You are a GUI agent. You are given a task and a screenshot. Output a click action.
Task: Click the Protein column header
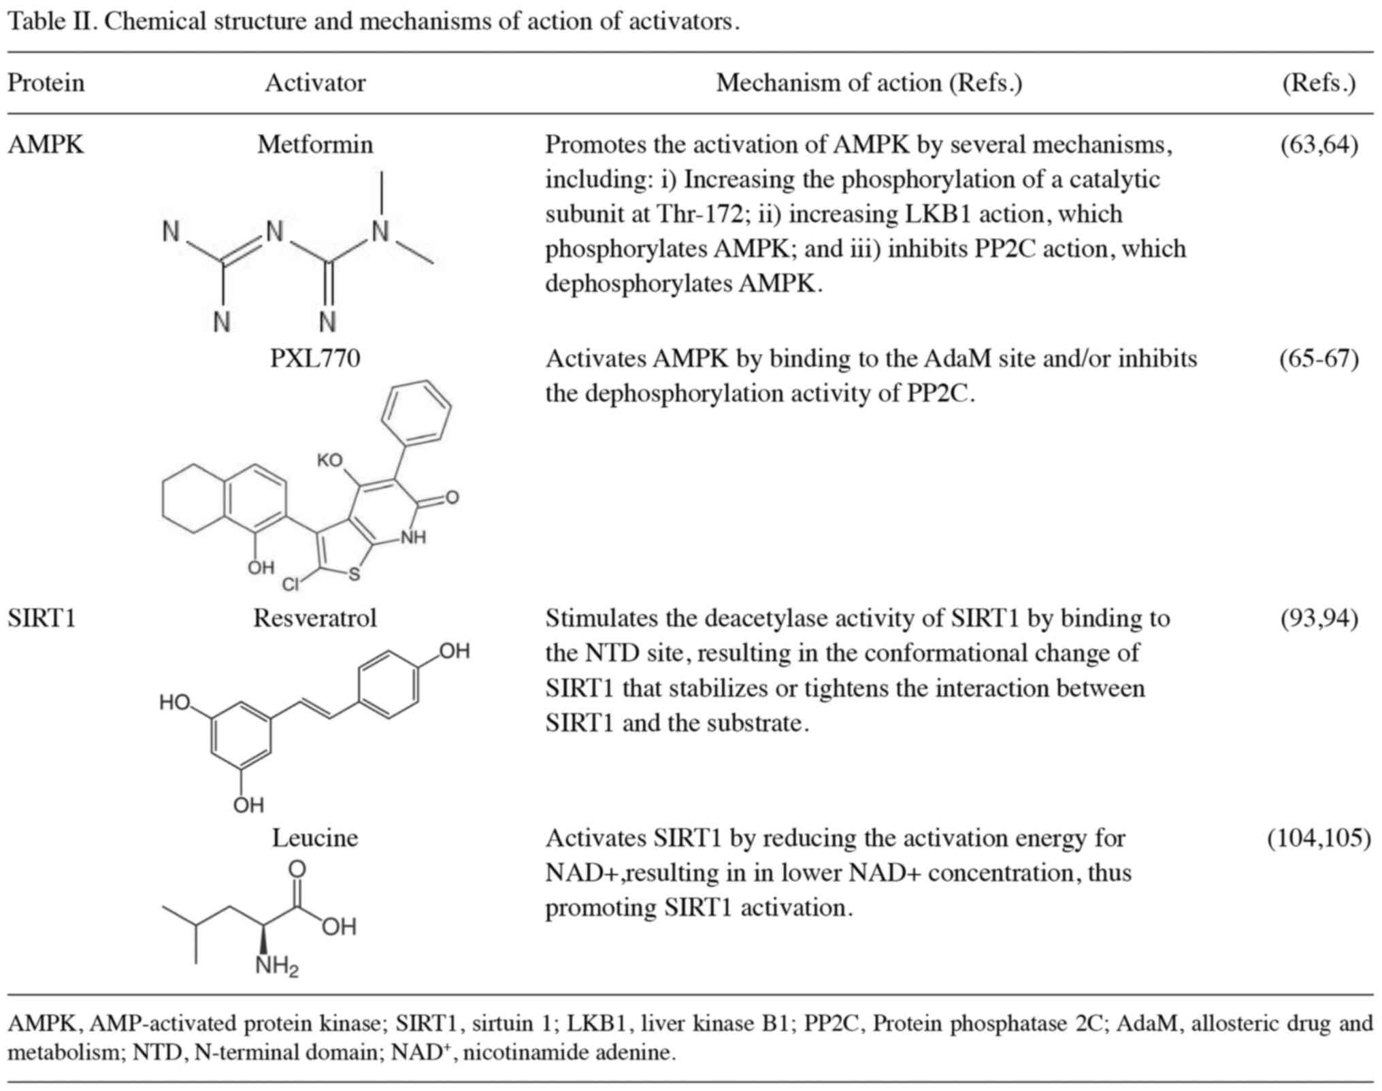pos(46,83)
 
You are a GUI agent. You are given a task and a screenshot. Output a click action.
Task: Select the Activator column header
pos(315,83)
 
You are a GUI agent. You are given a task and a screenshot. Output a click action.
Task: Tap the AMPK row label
pos(46,145)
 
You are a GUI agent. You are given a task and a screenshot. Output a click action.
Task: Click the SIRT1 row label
pos(42,618)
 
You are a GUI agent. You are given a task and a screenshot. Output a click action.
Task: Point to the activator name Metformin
pos(315,145)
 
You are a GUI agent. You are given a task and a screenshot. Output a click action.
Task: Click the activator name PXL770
pos(315,359)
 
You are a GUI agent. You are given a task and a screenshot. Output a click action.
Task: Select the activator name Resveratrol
pos(315,618)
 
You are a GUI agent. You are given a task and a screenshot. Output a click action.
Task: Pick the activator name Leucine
pos(315,838)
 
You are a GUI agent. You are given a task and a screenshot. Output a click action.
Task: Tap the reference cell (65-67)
pos(1319,359)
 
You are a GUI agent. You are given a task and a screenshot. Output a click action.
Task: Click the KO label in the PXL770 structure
pos(329,461)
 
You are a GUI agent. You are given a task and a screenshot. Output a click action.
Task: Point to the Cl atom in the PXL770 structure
pos(291,584)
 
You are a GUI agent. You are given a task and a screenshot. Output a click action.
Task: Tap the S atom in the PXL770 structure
pos(354,574)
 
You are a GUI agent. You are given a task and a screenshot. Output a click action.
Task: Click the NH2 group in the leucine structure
pos(276,966)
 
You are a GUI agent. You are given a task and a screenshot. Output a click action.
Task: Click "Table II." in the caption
pos(52,22)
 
